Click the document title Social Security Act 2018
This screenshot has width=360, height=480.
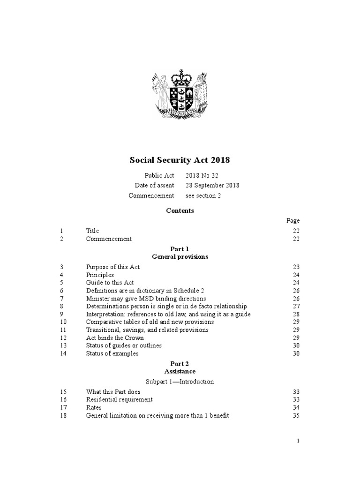pyautogui.click(x=180, y=160)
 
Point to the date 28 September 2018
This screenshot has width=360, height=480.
pyautogui.click(x=212, y=185)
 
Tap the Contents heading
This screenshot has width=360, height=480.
pyautogui.click(x=180, y=210)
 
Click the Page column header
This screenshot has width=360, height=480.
pyautogui.click(x=293, y=220)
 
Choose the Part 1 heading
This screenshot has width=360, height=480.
pyautogui.click(x=180, y=249)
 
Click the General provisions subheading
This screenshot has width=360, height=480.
pyautogui.click(x=180, y=257)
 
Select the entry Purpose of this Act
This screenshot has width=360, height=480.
pyautogui.click(x=113, y=267)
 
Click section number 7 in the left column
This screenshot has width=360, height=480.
pyautogui.click(x=61, y=298)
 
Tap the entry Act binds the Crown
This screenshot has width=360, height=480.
pyautogui.click(x=115, y=337)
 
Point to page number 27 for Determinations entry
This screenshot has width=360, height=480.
pyautogui.click(x=296, y=306)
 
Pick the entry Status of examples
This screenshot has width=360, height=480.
pyautogui.click(x=112, y=353)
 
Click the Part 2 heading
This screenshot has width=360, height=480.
pyautogui.click(x=180, y=363)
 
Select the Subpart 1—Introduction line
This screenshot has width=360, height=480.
pyautogui.click(x=180, y=381)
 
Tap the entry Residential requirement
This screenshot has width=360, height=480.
pyautogui.click(x=120, y=399)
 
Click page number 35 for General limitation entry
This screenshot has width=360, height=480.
pyautogui.click(x=296, y=415)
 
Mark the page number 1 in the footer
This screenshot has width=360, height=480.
pyautogui.click(x=298, y=441)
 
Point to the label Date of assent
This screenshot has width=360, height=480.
pyautogui.click(x=154, y=185)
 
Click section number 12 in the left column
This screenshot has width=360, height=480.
pyautogui.click(x=63, y=337)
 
